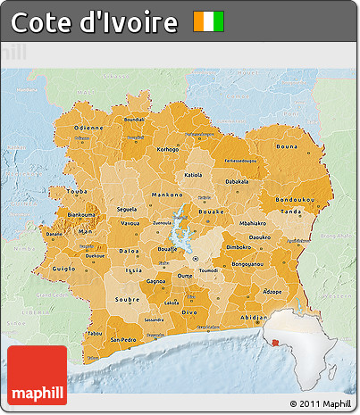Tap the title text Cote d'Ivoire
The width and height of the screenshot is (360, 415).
click(94, 22)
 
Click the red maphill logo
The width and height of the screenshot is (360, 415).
click(38, 376)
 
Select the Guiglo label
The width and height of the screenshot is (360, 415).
click(63, 267)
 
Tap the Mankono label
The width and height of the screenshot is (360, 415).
click(166, 195)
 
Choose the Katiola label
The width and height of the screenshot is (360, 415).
click(193, 176)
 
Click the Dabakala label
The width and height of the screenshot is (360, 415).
click(237, 181)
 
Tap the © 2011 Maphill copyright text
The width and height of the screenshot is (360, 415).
click(321, 404)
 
